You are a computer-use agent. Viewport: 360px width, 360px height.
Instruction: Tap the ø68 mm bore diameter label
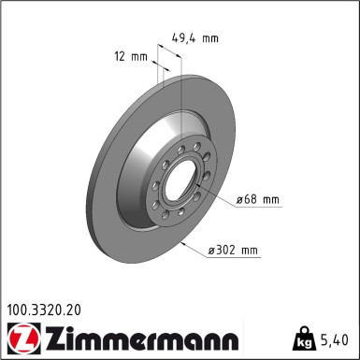(258, 199)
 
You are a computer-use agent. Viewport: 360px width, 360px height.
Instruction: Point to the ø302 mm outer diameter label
(233, 250)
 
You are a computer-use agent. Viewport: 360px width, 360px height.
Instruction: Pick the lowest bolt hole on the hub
(188, 221)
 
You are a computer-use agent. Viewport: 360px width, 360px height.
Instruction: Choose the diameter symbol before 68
(241, 199)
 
